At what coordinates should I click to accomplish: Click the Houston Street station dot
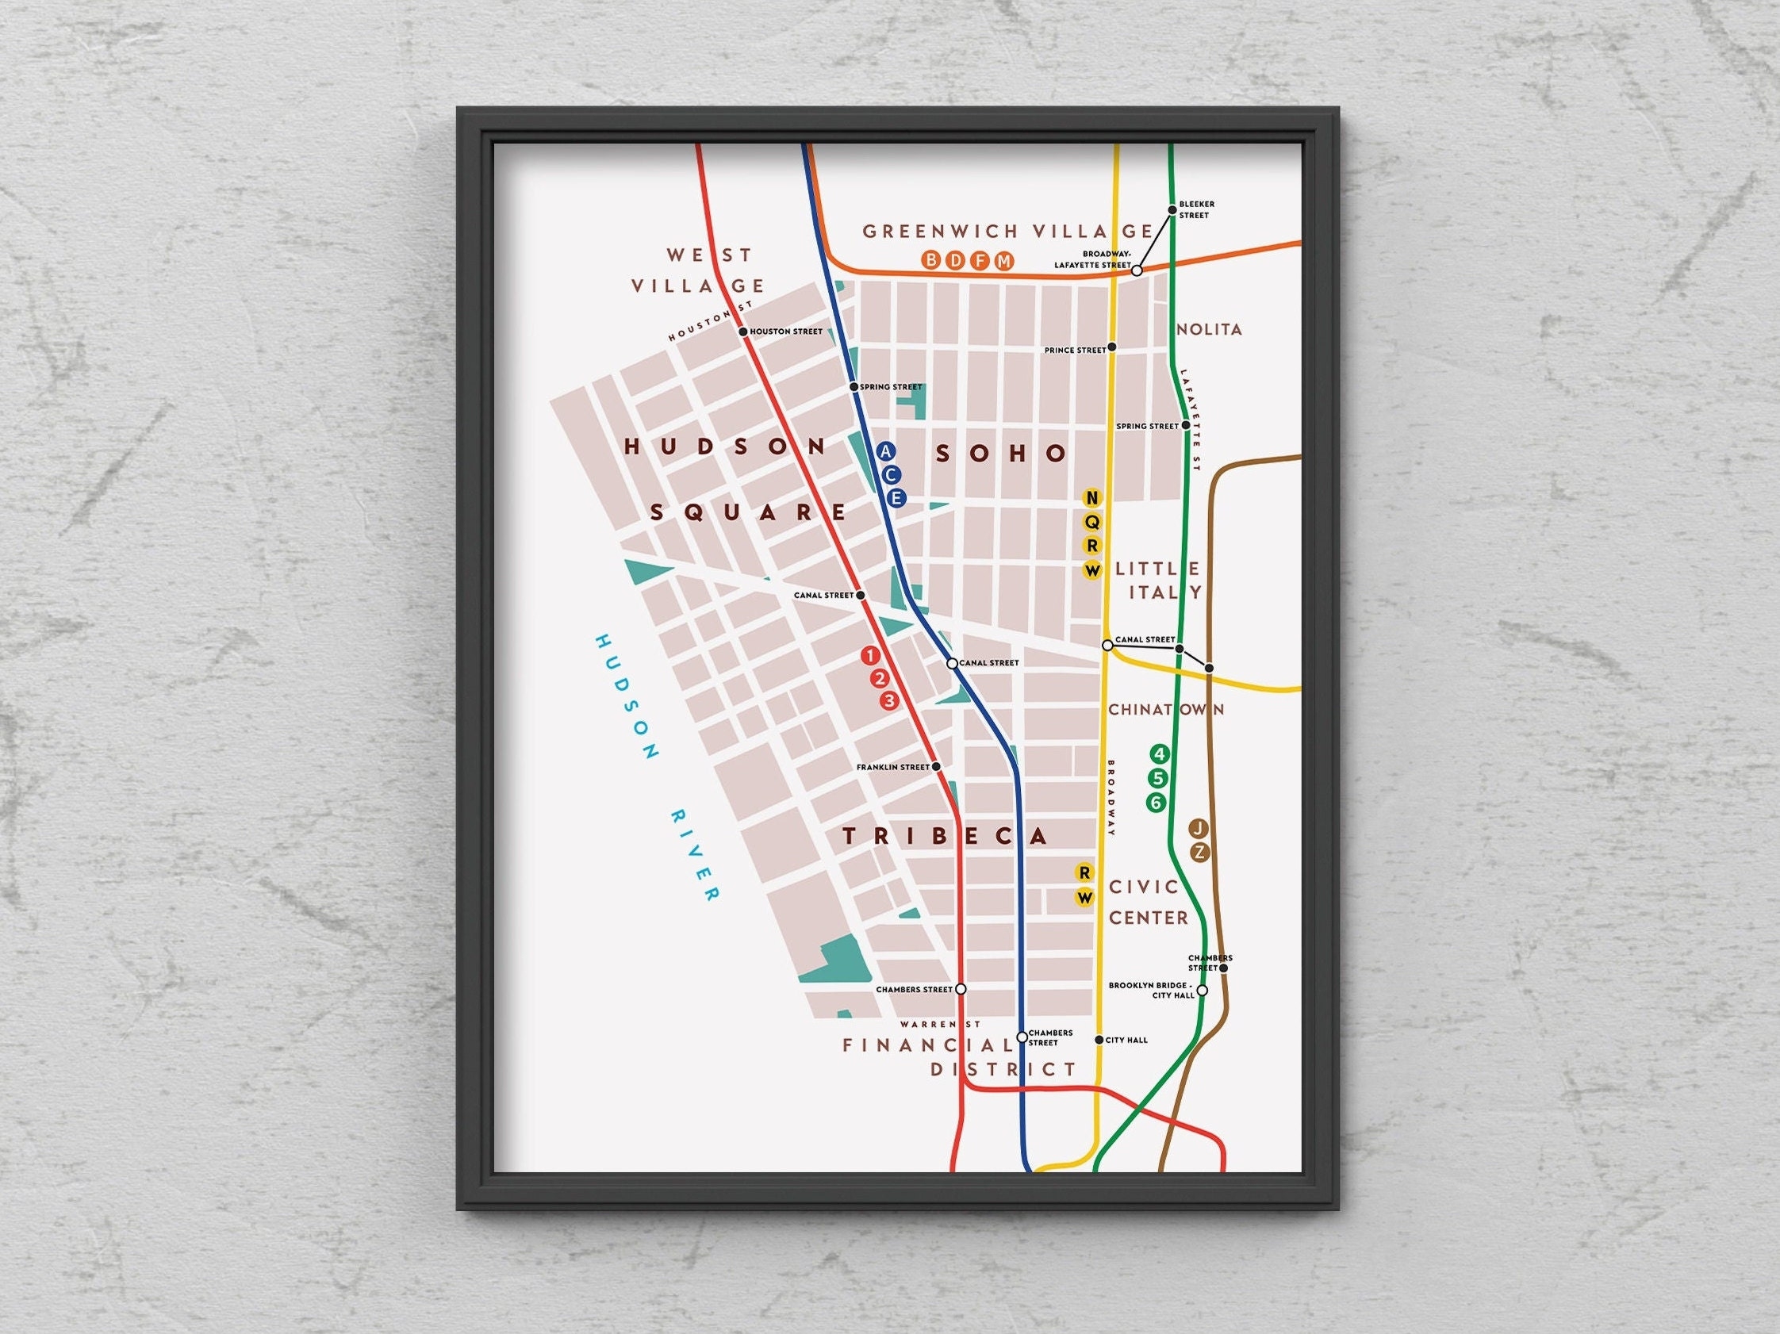[x=742, y=332]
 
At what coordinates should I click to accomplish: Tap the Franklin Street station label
[x=892, y=768]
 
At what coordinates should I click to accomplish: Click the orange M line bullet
[x=1003, y=261]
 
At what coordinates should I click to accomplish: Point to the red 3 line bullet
[x=888, y=701]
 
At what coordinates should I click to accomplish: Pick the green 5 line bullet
[x=1158, y=778]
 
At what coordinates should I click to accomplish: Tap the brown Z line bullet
[x=1199, y=853]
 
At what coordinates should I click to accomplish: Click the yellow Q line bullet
[x=1092, y=522]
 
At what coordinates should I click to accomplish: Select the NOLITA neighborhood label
[x=1209, y=329]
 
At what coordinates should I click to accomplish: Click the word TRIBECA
[x=945, y=837]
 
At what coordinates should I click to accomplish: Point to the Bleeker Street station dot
[x=1172, y=210]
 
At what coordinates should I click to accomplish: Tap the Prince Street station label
[x=1075, y=351]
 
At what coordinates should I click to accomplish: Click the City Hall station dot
[x=1099, y=1041]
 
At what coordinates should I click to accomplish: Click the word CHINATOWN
[x=1166, y=710]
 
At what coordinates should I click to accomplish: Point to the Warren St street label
[x=940, y=1025]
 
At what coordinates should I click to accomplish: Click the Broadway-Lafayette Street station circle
[x=1137, y=271]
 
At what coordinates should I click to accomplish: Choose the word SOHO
[x=1001, y=454]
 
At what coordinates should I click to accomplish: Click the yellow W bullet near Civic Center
[x=1085, y=898]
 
